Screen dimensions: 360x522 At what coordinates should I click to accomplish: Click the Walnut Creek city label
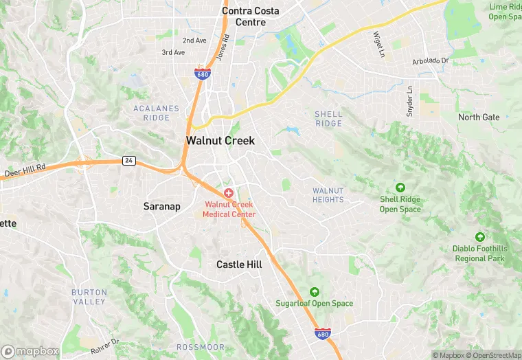pyautogui.click(x=220, y=140)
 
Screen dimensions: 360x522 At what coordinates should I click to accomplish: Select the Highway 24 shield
pyautogui.click(x=128, y=161)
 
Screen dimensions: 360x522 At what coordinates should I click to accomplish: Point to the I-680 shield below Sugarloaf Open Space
pyautogui.click(x=322, y=333)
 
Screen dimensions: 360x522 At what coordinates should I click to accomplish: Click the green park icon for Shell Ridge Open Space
pyautogui.click(x=400, y=187)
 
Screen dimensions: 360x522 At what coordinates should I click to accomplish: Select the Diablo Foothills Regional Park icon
pyautogui.click(x=479, y=236)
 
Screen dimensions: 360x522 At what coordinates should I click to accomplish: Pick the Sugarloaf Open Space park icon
pyautogui.click(x=315, y=291)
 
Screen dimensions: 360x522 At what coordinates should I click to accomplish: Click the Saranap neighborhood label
pyautogui.click(x=162, y=206)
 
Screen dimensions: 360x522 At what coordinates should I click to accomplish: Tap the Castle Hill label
pyautogui.click(x=240, y=264)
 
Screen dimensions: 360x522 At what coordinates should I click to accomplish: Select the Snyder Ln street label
pyautogui.click(x=410, y=101)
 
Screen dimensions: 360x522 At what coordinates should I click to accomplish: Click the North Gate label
pyautogui.click(x=479, y=117)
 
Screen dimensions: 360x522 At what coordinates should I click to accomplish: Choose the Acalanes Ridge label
pyautogui.click(x=157, y=113)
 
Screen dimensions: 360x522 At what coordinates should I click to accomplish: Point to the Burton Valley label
pyautogui.click(x=89, y=297)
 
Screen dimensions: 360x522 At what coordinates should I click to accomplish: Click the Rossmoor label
pyautogui.click(x=197, y=347)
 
